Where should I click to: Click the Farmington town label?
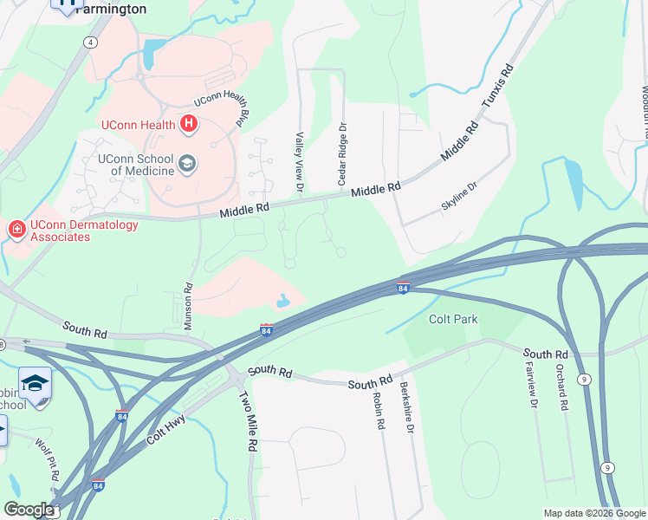pos(110,9)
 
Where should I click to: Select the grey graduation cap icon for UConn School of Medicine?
pos(186,163)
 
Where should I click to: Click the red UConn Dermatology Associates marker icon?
pos(16,230)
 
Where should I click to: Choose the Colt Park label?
pos(453,319)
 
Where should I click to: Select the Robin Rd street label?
pos(378,411)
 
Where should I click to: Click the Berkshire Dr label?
pos(405,410)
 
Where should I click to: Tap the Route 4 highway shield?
pos(91,42)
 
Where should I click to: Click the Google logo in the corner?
pos(29,510)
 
